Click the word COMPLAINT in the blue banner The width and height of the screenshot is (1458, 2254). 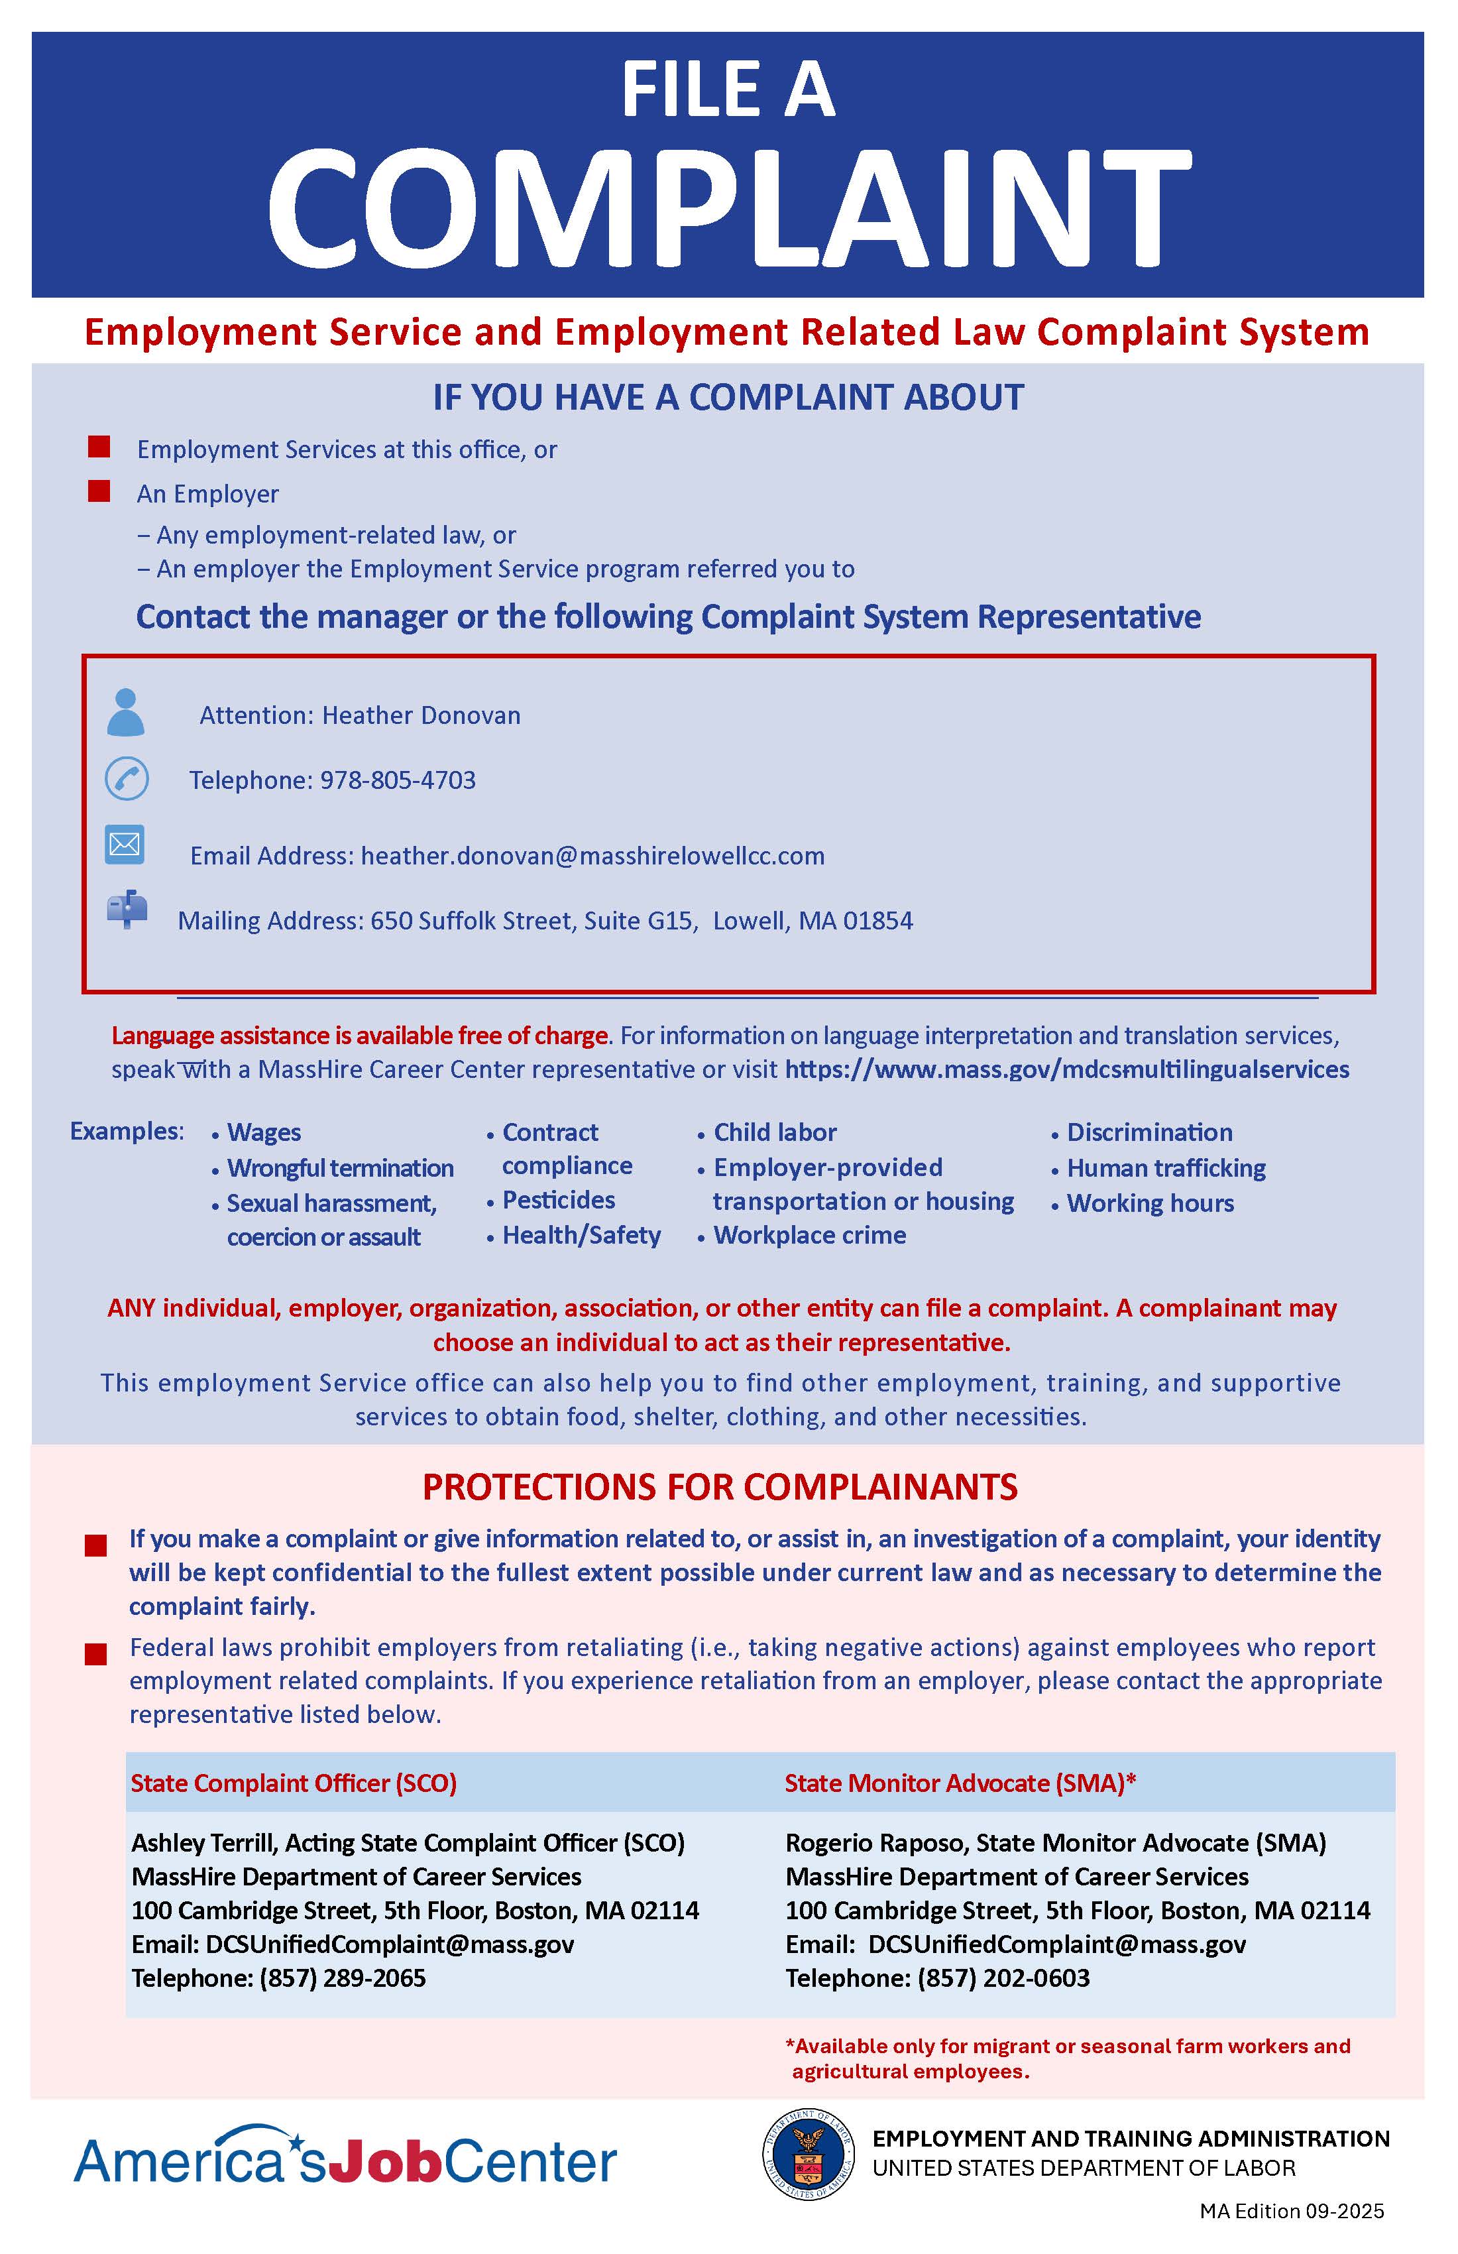[728, 208]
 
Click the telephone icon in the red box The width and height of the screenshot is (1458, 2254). [126, 778]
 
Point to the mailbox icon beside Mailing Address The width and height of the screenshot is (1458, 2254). [127, 910]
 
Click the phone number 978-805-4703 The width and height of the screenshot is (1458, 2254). [398, 780]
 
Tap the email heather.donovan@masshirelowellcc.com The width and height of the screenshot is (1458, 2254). [592, 856]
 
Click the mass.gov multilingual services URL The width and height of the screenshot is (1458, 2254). [1067, 1069]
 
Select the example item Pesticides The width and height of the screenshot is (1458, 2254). [559, 1200]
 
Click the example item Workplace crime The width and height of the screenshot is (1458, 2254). [809, 1235]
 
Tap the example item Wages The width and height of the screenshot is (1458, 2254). [264, 1133]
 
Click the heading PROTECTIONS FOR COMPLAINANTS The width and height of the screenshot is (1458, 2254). [720, 1487]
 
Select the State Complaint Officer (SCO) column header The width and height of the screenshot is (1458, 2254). [294, 1783]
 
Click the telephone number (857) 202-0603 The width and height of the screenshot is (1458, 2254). [1003, 1978]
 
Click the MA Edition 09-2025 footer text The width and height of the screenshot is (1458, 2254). [1292, 2212]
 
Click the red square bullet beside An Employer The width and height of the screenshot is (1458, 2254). [99, 491]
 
